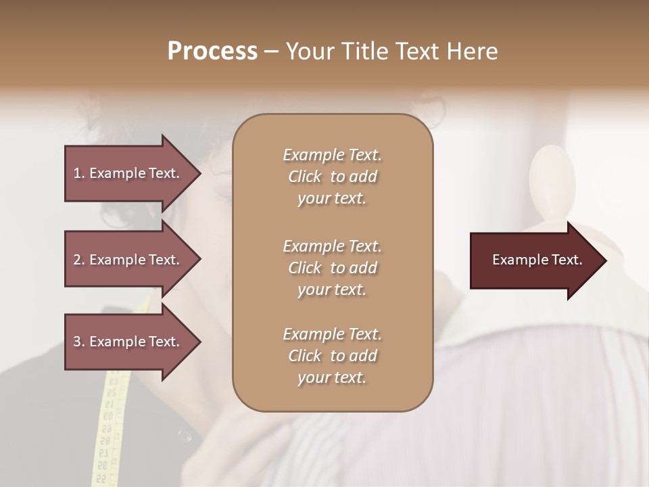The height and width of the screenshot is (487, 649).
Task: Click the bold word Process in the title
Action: click(212, 51)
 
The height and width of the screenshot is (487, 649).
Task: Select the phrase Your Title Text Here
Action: click(392, 51)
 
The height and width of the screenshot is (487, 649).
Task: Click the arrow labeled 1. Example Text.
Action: click(128, 173)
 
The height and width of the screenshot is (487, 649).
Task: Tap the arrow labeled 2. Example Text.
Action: click(128, 260)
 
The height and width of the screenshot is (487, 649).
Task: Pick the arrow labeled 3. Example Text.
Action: click(128, 342)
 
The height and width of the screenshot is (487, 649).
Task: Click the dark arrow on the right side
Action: click(534, 260)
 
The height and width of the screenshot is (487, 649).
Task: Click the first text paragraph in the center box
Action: click(332, 177)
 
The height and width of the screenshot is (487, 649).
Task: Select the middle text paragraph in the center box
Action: click(332, 268)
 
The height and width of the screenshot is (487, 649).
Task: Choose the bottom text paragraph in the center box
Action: click(332, 356)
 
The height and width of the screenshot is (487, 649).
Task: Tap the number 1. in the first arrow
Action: click(78, 173)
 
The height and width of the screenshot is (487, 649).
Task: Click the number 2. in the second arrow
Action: click(78, 260)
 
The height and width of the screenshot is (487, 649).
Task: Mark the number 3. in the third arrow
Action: click(78, 342)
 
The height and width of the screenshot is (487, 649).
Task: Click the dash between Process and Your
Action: click(271, 52)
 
